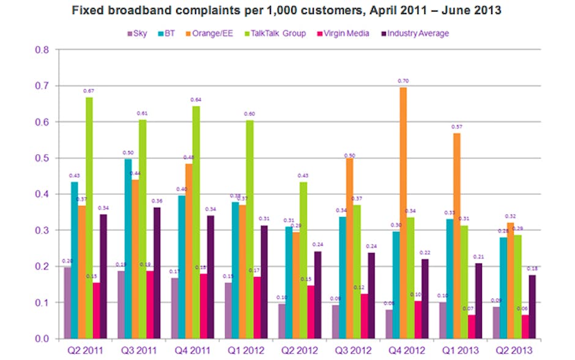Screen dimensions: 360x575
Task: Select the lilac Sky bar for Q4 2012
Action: pyautogui.click(x=389, y=324)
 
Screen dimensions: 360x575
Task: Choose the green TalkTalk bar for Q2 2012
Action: pyautogui.click(x=303, y=260)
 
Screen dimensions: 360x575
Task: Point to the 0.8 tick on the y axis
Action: pyautogui.click(x=41, y=50)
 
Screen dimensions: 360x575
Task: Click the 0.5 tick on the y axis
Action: pyautogui.click(x=41, y=158)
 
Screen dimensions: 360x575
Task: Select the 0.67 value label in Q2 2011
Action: pyautogui.click(x=89, y=91)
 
